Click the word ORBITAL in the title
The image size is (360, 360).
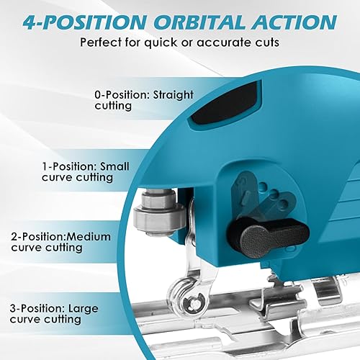pyautogui.click(x=200, y=22)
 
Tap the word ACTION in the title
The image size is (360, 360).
pyautogui.click(x=294, y=22)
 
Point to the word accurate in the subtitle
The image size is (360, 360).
pyautogui.click(x=222, y=42)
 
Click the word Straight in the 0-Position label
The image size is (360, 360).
pyautogui.click(x=173, y=95)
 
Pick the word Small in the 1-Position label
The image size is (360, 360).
pyautogui.click(x=114, y=166)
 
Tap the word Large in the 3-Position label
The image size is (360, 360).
pyautogui.click(x=84, y=309)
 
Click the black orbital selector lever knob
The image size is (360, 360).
pyautogui.click(x=269, y=236)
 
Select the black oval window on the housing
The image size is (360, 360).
pyautogui.click(x=225, y=104)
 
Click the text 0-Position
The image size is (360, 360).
pyautogui.click(x=122, y=94)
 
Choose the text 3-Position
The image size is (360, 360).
pyautogui.click(x=37, y=309)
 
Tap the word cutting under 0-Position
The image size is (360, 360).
pyautogui.click(x=113, y=107)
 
